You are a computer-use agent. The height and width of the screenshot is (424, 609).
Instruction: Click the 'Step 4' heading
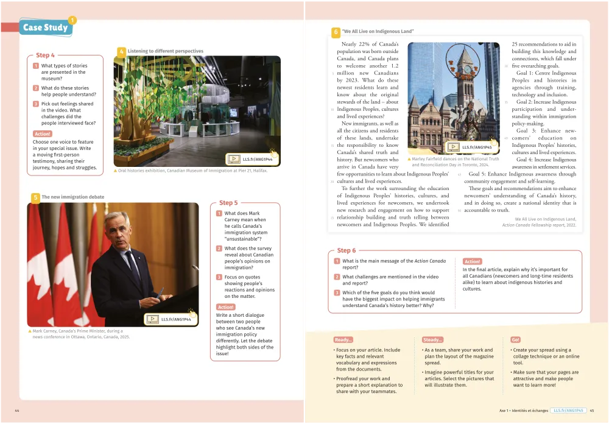pos(45,55)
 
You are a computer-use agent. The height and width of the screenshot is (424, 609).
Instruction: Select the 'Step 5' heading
pos(228,203)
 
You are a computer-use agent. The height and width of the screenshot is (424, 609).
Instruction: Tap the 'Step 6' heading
pos(347,250)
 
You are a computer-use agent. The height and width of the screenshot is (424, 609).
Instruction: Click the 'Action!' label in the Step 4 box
pos(42,134)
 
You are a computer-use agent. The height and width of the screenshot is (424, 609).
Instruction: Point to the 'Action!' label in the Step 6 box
pos(472,261)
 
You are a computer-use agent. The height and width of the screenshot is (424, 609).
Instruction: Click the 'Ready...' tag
pos(343,340)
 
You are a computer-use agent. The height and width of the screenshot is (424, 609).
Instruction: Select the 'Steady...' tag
pos(432,340)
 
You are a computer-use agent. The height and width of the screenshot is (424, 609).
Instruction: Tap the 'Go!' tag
pos(516,340)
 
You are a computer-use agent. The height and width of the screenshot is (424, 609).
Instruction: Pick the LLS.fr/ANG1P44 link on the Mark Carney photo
pos(170,319)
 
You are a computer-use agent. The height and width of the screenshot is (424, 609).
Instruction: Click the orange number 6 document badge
pos(336,32)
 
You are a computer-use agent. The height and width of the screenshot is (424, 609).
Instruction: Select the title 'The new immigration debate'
pos(64,197)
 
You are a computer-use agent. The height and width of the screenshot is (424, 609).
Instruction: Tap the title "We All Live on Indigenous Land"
pos(378,32)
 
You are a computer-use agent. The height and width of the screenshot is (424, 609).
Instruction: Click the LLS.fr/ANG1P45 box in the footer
pos(568,411)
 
